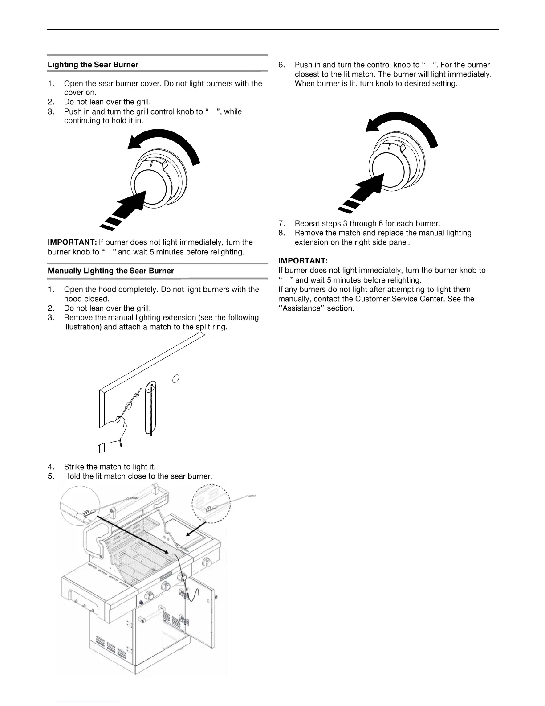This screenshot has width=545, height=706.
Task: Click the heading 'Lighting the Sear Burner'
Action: pos(93,65)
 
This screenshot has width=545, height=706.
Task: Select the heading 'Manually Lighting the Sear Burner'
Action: pos(111,271)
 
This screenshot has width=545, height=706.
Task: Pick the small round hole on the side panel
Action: pos(176,378)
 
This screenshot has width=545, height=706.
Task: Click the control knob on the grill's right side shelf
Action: pos(207,562)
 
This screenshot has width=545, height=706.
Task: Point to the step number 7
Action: pos(281,223)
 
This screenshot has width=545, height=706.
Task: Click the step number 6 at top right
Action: pos(281,65)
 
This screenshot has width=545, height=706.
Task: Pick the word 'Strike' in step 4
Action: pos(74,467)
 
